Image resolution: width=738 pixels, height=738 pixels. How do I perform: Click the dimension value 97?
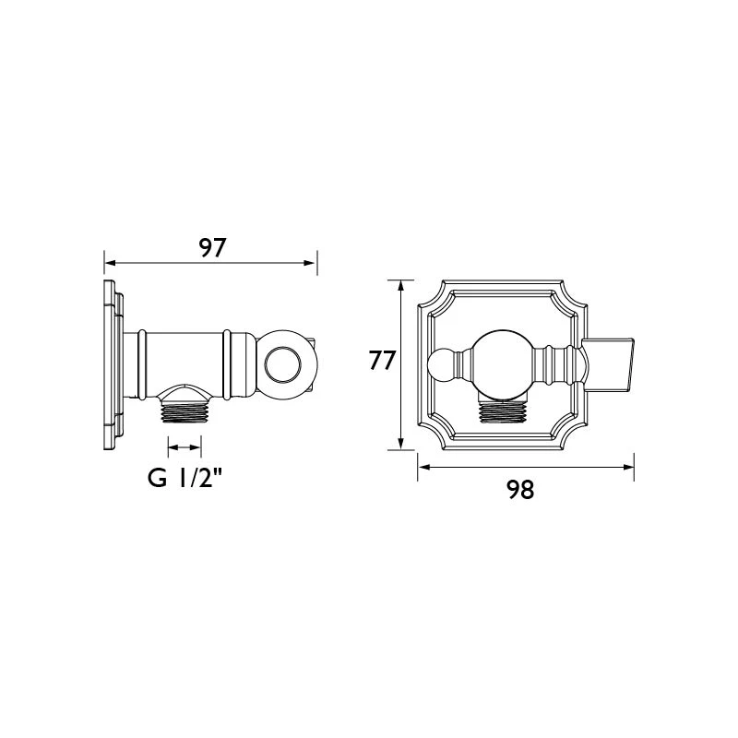213,248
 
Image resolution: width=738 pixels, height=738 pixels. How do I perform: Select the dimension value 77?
382,361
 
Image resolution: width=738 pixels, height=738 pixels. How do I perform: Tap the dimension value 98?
520,490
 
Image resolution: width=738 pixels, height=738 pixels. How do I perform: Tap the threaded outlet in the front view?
502,411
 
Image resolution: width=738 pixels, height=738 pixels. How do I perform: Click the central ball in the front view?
502,363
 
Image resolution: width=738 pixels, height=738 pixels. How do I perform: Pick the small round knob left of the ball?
441,363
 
